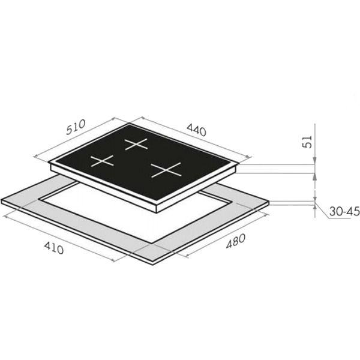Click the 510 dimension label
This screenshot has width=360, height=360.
(76, 127)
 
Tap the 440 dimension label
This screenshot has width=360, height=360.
(197, 130)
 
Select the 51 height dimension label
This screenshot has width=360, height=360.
(307, 142)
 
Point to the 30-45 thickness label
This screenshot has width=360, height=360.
(344, 211)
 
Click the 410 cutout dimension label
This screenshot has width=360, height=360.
(54, 248)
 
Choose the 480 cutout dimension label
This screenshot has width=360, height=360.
(236, 241)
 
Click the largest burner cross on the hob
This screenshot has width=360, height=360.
(166, 170)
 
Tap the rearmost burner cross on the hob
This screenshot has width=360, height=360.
(136, 144)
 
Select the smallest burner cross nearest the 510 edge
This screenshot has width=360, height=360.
(102, 161)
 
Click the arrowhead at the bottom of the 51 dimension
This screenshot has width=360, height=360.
(315, 161)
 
